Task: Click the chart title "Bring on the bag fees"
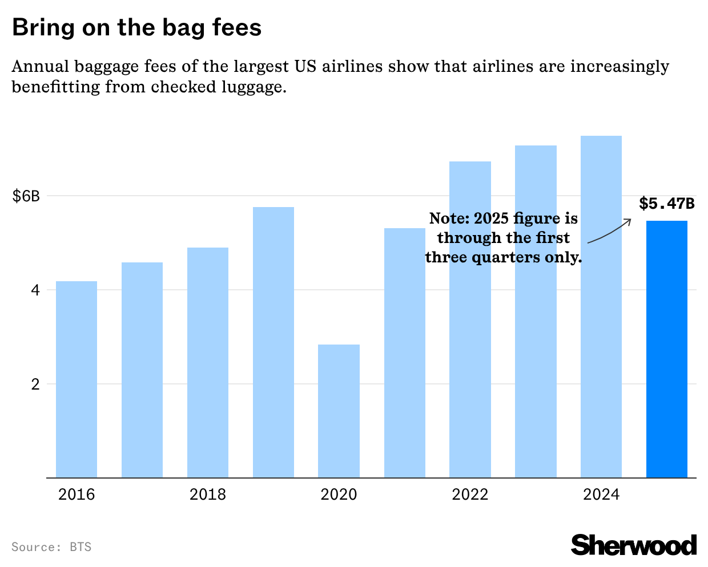tap(136, 27)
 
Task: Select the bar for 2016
tap(77, 379)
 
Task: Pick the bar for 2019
tap(273, 342)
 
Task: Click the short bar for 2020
tap(339, 411)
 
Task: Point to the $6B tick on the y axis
tap(26, 196)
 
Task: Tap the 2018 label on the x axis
tap(208, 494)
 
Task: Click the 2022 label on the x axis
tap(470, 494)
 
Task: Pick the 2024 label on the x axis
tap(601, 494)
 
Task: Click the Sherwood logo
tap(634, 545)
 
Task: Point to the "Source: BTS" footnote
tap(51, 547)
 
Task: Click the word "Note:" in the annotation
tap(449, 218)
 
